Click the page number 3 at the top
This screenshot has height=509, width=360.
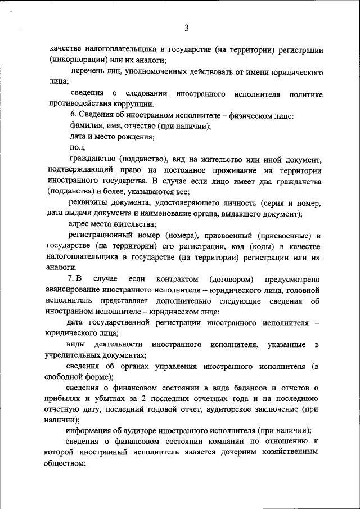click(x=186, y=29)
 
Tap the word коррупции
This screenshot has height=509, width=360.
click(x=133, y=104)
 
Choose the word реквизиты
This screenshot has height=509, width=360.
click(x=87, y=202)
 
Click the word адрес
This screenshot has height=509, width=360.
click(x=79, y=224)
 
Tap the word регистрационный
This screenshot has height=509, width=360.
click(x=101, y=235)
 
